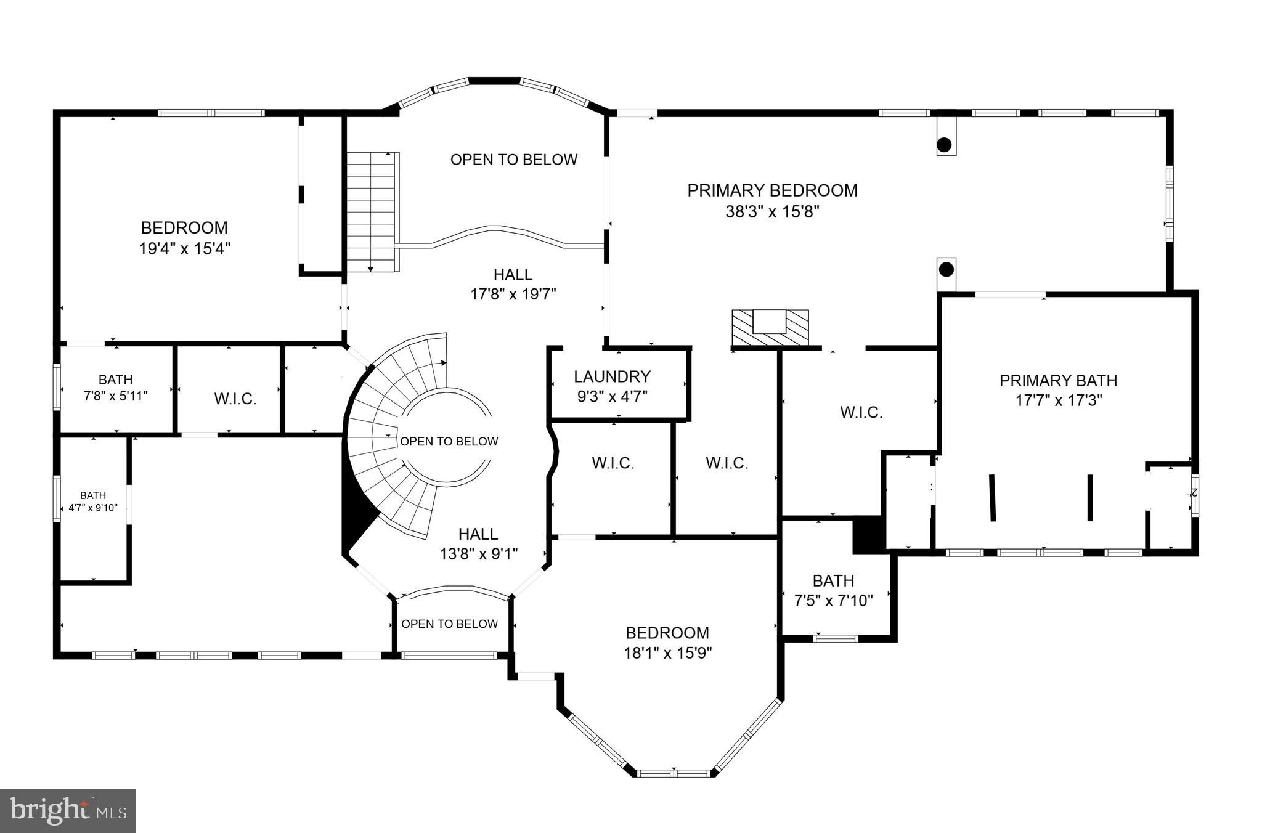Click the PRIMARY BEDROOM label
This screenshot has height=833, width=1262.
coord(772,190)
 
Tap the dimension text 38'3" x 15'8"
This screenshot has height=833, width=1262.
coord(772,212)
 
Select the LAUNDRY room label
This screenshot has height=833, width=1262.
coord(612,376)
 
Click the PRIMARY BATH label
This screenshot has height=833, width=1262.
coord(1058,381)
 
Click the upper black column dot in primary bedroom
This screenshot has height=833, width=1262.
coord(944,145)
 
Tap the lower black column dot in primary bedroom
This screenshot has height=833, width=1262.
coord(946,269)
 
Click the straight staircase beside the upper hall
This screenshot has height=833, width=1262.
coord(372,211)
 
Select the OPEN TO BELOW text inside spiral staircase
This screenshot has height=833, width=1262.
coord(449,441)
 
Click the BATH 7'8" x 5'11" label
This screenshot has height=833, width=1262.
coord(115,388)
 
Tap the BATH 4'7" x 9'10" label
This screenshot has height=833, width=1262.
coord(93,502)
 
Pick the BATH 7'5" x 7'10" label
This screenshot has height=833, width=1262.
coord(833,590)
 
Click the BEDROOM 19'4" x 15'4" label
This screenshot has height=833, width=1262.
coord(184,238)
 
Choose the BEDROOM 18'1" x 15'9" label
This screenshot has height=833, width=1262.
coord(667,643)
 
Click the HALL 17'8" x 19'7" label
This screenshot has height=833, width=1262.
coord(513,284)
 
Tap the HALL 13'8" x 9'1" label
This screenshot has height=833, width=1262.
coord(478,543)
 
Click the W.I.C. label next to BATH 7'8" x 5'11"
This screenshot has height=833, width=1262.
coord(235,399)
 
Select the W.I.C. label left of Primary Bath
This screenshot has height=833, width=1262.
coord(861,412)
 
